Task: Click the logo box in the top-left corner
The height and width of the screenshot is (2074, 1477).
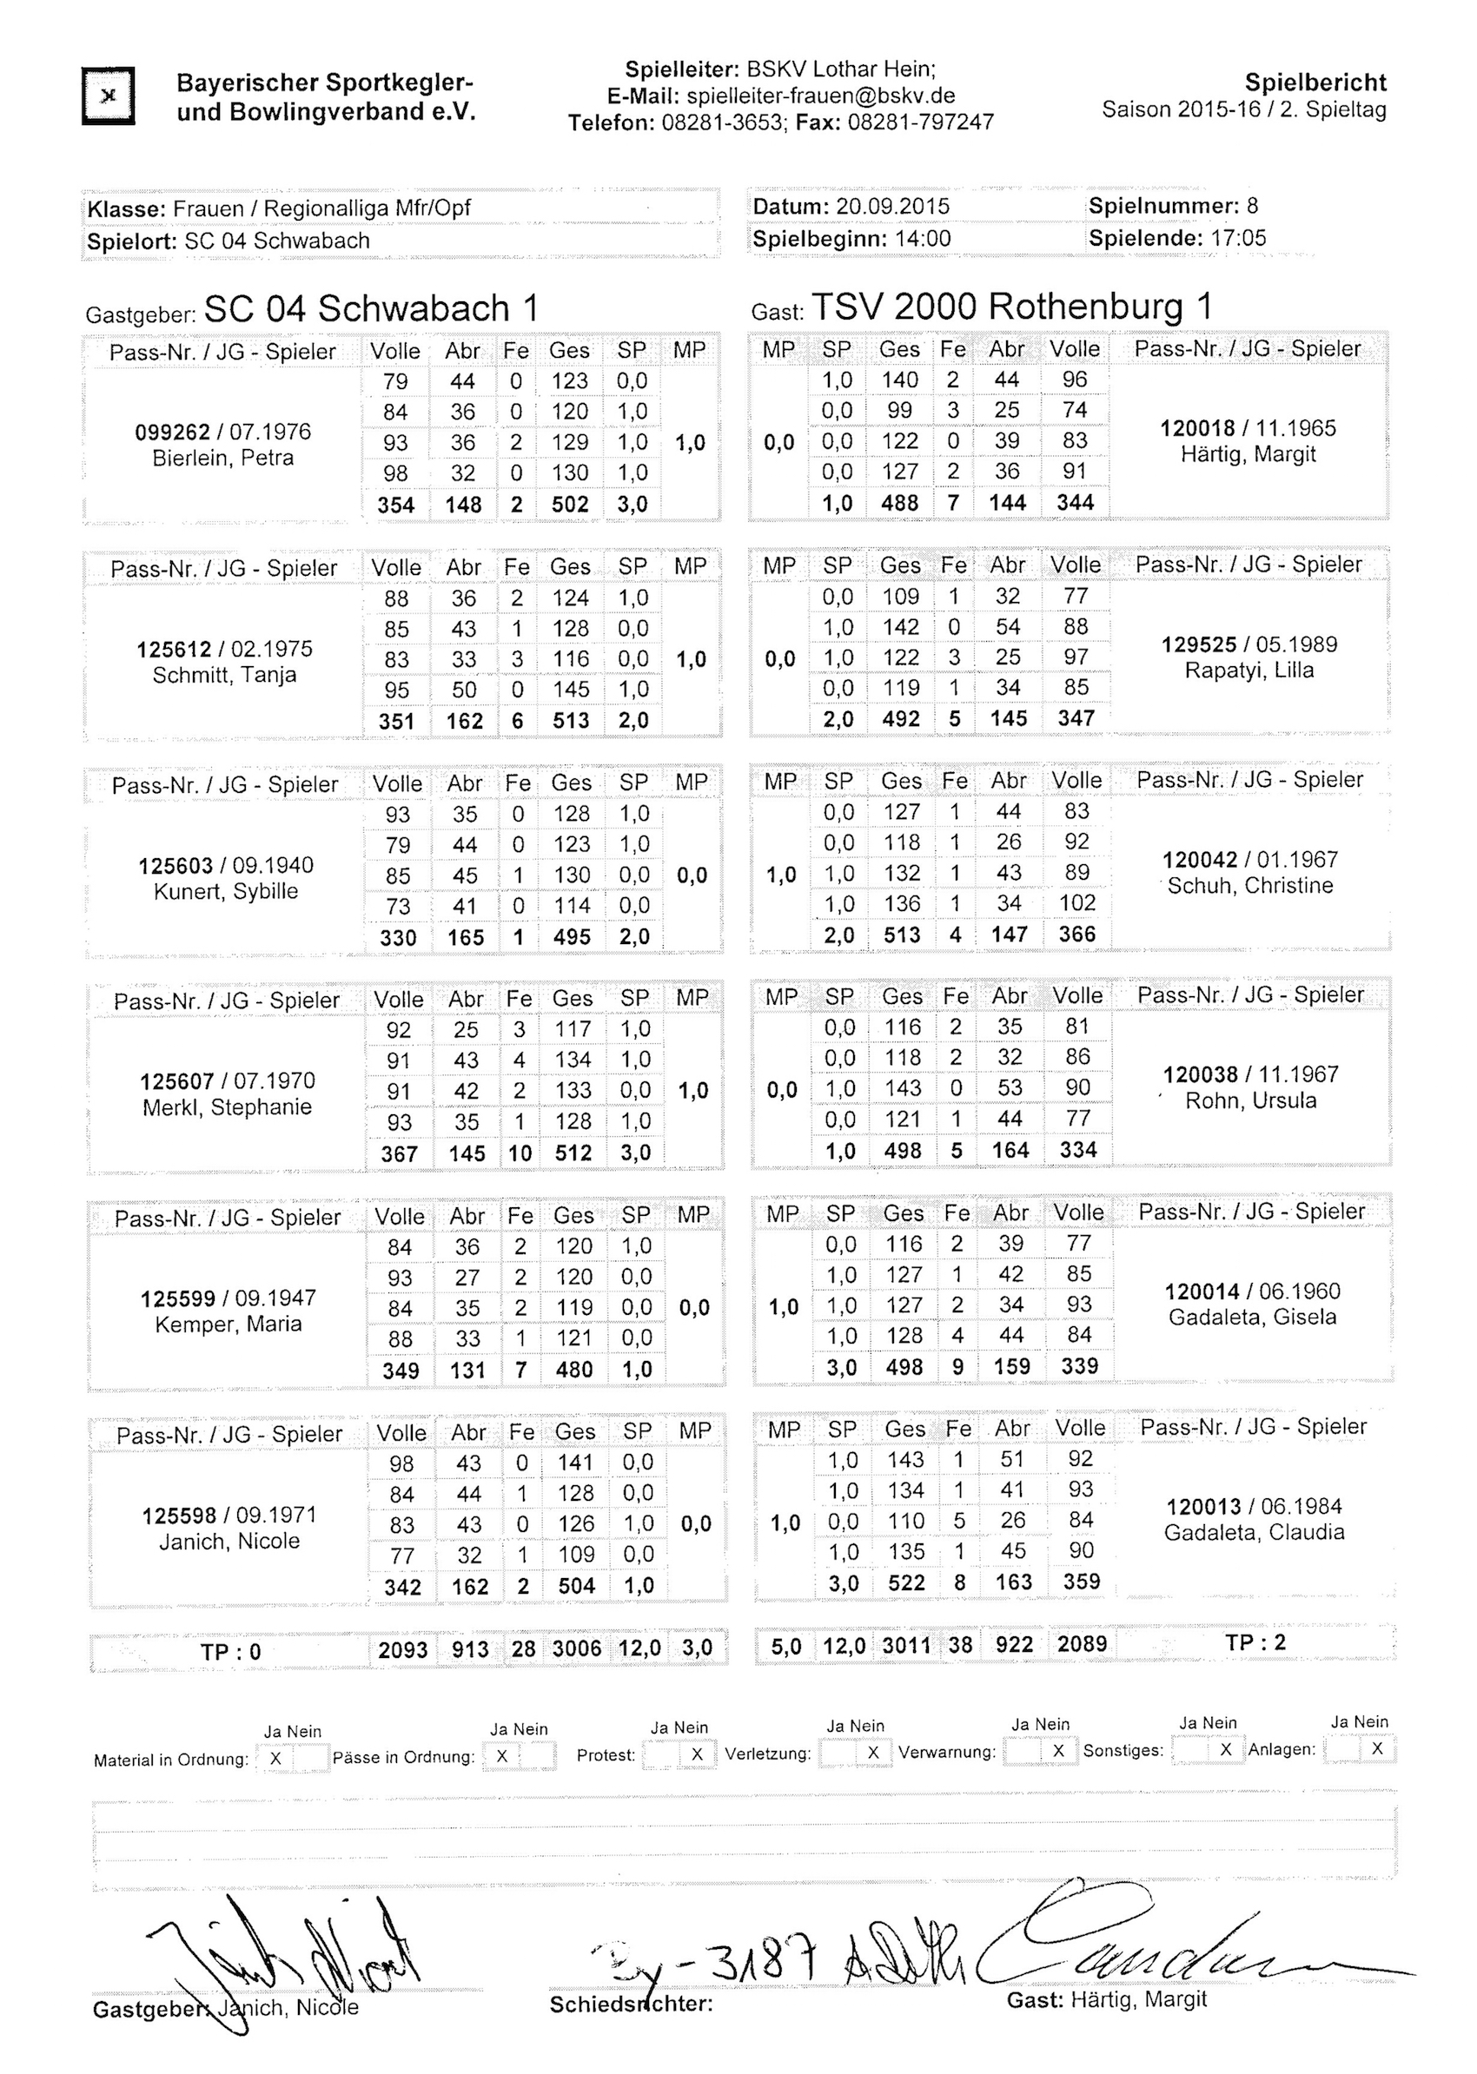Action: click(109, 96)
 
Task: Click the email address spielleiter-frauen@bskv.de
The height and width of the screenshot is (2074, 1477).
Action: click(820, 96)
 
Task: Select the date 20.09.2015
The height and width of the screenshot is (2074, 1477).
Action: click(892, 207)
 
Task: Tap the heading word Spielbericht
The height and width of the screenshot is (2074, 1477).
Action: click(1315, 83)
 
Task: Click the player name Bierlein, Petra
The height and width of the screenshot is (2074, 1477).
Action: click(222, 458)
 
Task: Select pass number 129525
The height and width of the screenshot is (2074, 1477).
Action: click(1199, 644)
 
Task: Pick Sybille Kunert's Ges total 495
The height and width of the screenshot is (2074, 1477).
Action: click(572, 937)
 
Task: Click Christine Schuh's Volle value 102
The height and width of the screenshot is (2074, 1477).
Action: click(1076, 903)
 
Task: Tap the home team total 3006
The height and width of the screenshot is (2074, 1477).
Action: click(577, 1648)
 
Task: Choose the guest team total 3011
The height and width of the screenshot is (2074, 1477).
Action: click(906, 1645)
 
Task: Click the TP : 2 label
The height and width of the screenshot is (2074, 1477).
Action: click(1255, 1642)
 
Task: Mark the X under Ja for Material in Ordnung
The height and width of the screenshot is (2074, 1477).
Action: click(275, 1759)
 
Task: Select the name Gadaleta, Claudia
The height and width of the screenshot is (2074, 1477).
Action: click(1255, 1532)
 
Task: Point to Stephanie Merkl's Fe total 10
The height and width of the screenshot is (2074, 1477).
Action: click(520, 1153)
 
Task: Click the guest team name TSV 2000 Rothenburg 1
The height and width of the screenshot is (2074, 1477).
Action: click(1011, 307)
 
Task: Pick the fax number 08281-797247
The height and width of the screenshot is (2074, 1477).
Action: click(920, 122)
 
